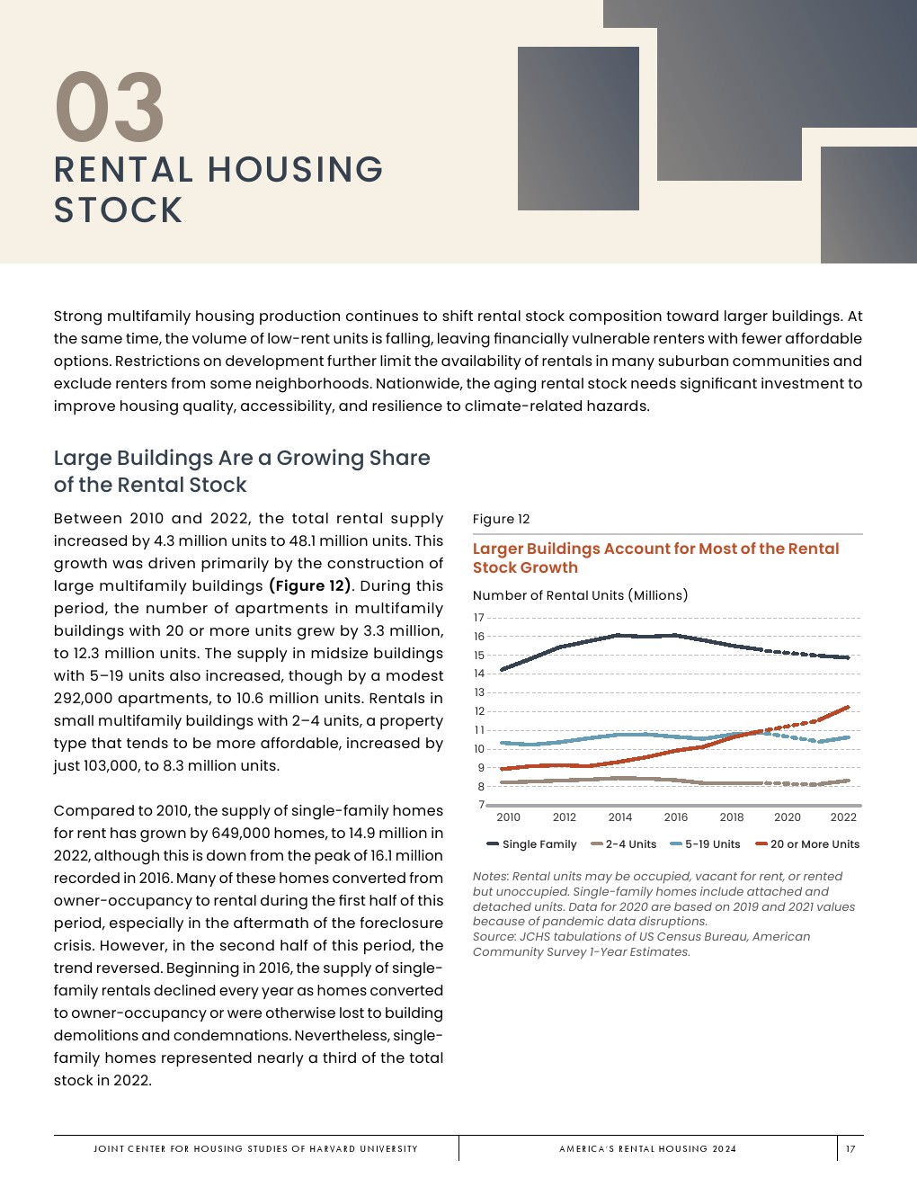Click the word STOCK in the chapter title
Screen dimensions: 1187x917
click(118, 210)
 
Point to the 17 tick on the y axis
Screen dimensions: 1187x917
click(479, 618)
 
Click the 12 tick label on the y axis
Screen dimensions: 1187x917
click(479, 711)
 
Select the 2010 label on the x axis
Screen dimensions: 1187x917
click(508, 817)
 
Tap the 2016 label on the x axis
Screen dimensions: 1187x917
click(676, 817)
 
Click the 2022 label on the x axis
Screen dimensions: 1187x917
click(843, 817)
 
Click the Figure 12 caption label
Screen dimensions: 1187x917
click(501, 519)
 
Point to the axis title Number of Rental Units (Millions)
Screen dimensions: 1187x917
click(580, 595)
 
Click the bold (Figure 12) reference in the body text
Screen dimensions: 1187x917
click(309, 586)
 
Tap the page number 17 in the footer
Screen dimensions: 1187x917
click(850, 1148)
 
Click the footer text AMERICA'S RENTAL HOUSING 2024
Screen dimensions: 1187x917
click(647, 1148)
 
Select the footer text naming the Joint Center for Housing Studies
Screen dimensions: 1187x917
click(255, 1148)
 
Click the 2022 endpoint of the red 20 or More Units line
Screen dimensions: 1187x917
click(848, 707)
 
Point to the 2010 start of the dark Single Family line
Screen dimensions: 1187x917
click(502, 669)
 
